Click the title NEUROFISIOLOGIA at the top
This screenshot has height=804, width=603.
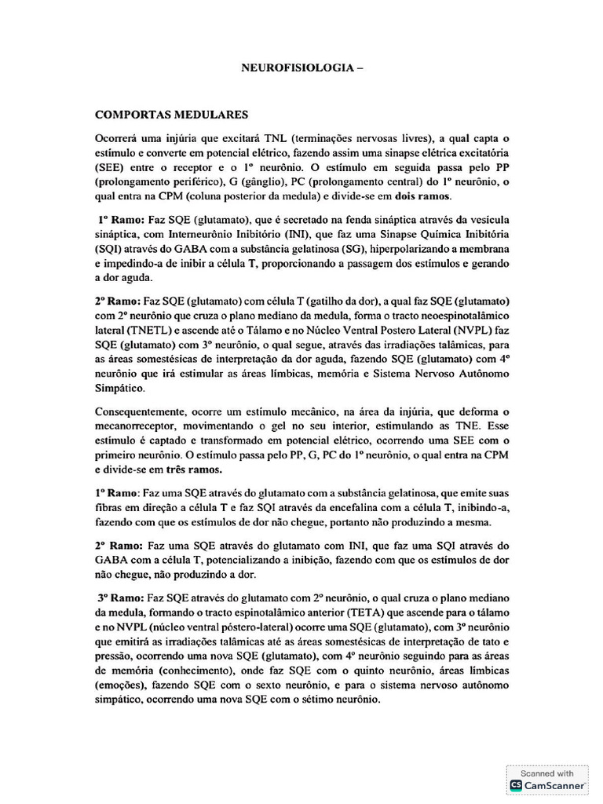(x=296, y=69)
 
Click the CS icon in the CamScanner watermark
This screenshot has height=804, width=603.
(x=516, y=784)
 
